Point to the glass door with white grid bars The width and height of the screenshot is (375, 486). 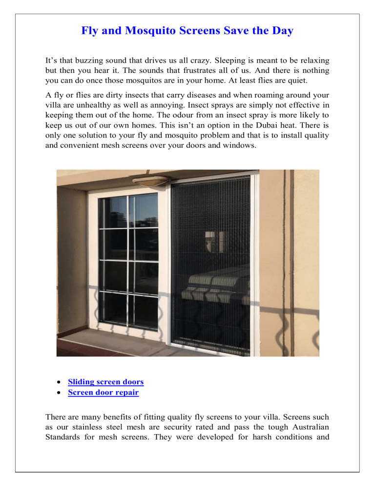[128, 264]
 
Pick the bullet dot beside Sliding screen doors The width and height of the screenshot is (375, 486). [59, 382]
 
